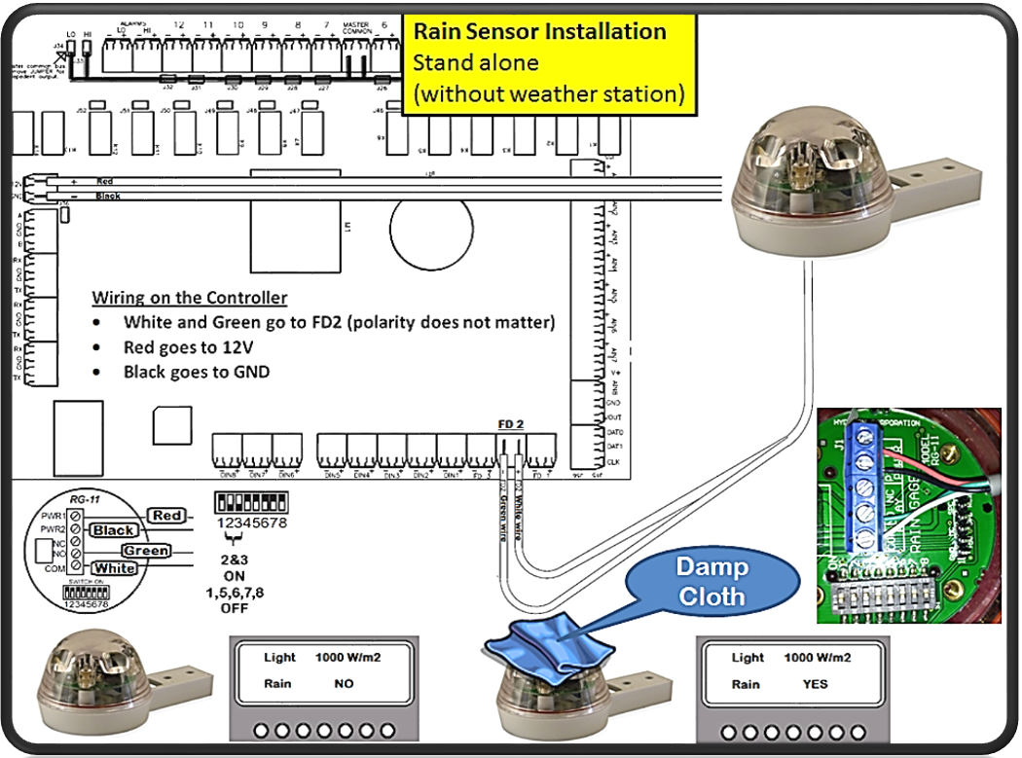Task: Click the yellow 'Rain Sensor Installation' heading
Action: (540, 31)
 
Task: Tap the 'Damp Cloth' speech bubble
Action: (712, 581)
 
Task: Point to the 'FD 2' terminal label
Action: (510, 423)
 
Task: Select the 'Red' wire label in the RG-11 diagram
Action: (166, 515)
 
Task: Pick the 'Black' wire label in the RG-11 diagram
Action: (113, 531)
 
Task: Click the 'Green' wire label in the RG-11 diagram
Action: (145, 551)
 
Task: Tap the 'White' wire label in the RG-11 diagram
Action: (114, 567)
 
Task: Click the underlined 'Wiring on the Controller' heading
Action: (190, 298)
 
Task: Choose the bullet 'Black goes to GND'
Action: (196, 372)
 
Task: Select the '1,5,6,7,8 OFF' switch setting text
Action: (235, 599)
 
